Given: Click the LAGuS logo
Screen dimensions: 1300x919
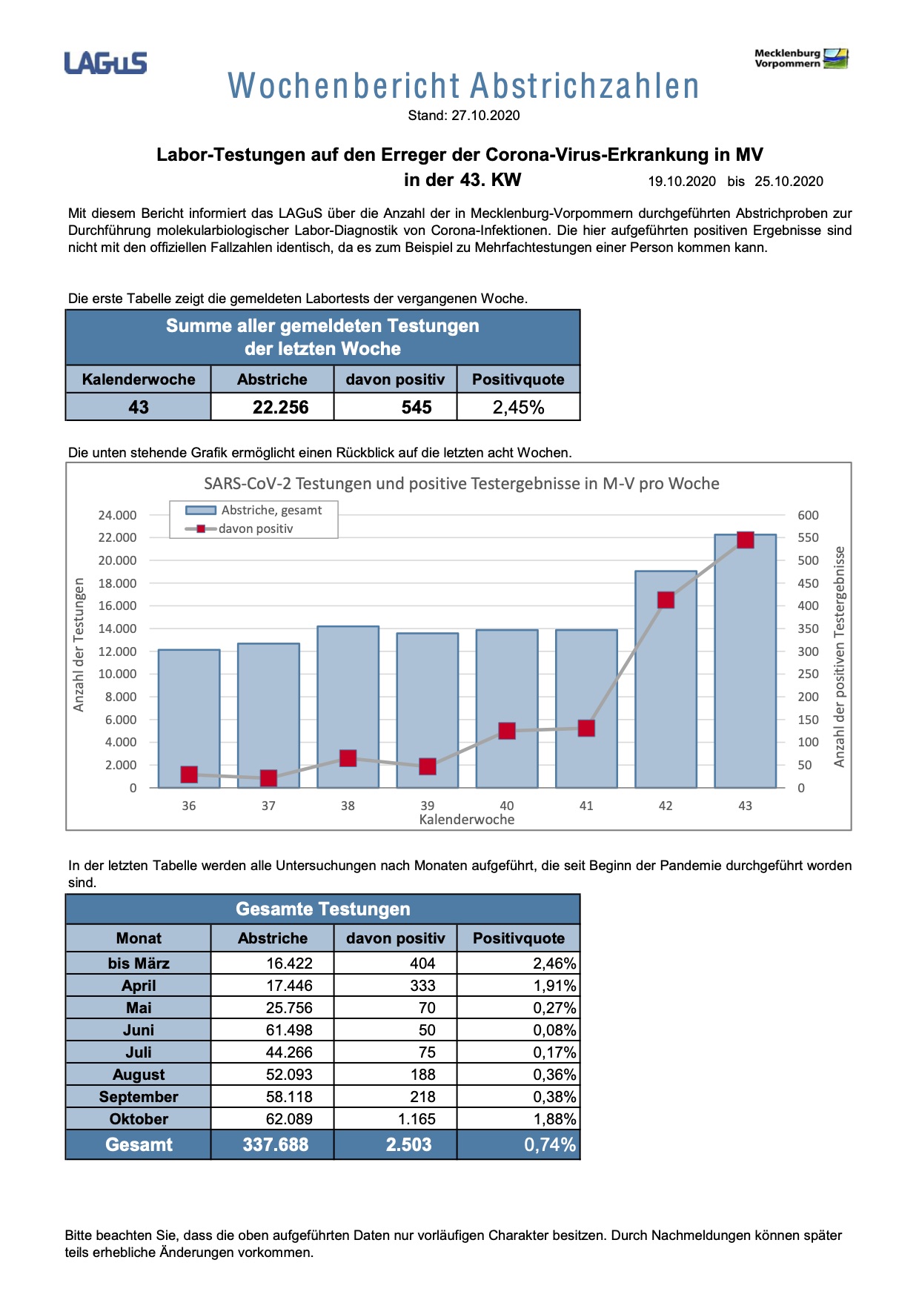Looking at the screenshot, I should coord(105,63).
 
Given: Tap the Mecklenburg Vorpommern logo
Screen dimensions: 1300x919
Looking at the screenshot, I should coord(801,59).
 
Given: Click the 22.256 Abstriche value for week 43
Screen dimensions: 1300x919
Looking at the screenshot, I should coord(280,407).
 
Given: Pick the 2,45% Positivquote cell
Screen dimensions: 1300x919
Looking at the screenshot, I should coord(518,407).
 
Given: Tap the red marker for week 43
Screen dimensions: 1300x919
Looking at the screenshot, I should coord(745,540).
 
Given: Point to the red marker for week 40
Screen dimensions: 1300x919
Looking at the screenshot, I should coord(507,731).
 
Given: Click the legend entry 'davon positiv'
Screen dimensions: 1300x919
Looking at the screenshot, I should coord(256,528).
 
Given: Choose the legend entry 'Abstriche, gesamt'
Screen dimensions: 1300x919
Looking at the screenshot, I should coord(271,510).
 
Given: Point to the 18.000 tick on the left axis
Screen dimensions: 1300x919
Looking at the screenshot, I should coord(117,583).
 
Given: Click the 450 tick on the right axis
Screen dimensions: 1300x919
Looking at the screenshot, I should coord(808,583).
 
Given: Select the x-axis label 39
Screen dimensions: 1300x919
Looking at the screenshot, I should coord(428,806).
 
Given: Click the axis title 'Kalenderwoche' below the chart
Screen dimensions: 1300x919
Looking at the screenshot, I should coord(467,820).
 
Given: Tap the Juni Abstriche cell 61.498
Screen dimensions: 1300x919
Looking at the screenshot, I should coord(289,1030).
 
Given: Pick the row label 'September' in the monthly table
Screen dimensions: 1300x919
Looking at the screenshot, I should coord(139,1097).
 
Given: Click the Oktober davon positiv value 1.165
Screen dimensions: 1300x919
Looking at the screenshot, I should coord(417,1119).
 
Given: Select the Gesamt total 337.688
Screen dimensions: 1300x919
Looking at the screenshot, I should coord(275,1144).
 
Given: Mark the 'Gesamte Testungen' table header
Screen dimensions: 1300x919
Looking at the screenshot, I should coord(322,909).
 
